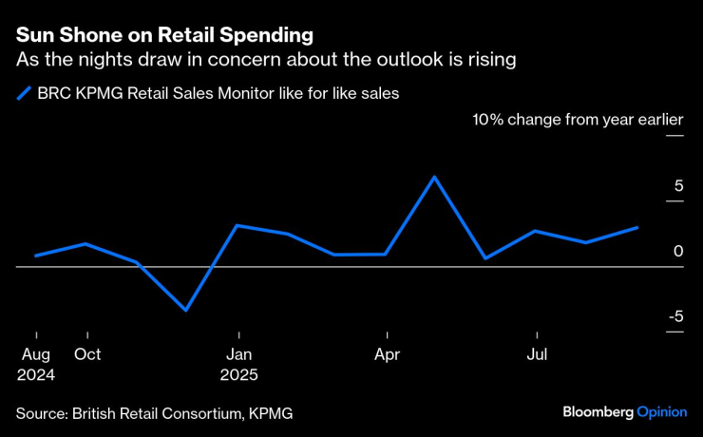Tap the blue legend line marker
tap(24, 93)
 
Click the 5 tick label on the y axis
tap(678, 186)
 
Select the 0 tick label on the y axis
tap(678, 252)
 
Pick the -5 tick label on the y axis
tap(674, 316)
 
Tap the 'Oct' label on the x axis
tap(87, 355)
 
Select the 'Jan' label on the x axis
tap(239, 355)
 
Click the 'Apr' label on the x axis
tap(387, 355)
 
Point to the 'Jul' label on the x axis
tap(538, 355)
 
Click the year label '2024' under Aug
tap(35, 375)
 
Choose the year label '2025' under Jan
tap(239, 375)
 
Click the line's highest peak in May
tap(434, 177)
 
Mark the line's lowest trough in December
tap(186, 310)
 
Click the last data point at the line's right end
tap(637, 228)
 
